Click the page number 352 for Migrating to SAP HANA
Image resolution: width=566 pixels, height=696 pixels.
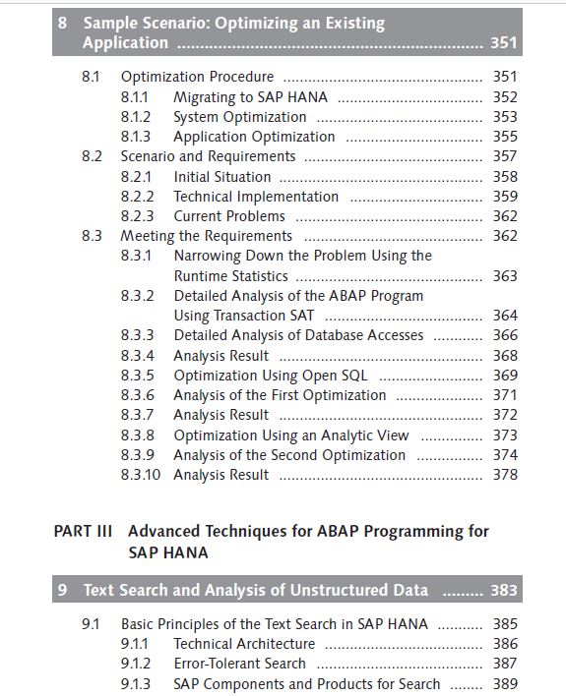click(x=505, y=96)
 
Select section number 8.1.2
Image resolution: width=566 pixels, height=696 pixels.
click(x=136, y=117)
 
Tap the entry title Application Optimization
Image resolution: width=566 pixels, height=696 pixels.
click(x=254, y=137)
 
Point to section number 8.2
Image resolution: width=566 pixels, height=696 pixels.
click(x=92, y=156)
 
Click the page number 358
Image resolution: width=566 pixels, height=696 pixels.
click(x=505, y=176)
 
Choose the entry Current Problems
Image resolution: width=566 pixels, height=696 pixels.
click(x=229, y=215)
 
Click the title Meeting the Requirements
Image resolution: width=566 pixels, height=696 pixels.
click(x=207, y=236)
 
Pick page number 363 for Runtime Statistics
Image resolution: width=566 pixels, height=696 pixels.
click(x=505, y=275)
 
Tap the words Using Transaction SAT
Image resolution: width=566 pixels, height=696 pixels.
click(x=244, y=316)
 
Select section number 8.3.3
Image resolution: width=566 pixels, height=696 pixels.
click(x=137, y=335)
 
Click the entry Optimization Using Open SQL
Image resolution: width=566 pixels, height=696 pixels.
click(x=271, y=376)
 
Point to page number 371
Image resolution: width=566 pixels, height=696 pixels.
click(x=505, y=394)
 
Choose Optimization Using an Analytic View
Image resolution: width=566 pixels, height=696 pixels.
click(x=290, y=435)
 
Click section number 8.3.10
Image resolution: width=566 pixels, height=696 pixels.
click(x=140, y=475)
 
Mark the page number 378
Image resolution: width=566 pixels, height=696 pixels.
click(x=505, y=475)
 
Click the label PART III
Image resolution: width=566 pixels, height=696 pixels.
click(x=83, y=531)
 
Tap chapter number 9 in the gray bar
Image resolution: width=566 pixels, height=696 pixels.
click(x=62, y=590)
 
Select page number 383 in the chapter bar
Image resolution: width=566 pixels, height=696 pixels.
click(x=504, y=590)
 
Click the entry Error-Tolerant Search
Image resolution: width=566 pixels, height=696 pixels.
click(x=239, y=664)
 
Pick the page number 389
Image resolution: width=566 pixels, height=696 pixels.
click(x=505, y=683)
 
